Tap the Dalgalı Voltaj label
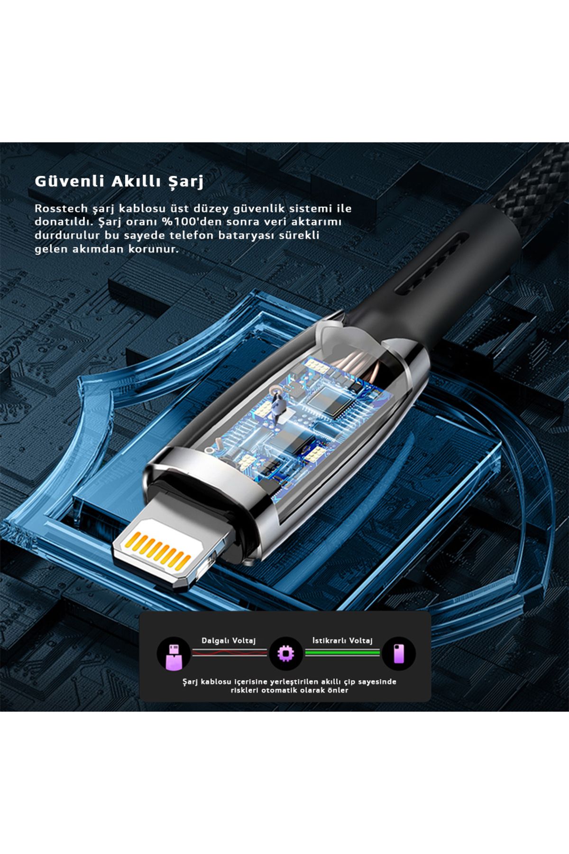[x=229, y=640]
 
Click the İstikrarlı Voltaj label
[x=342, y=640]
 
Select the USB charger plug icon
[x=174, y=654]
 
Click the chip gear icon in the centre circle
[x=285, y=654]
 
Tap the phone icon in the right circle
[x=398, y=654]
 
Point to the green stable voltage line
[x=342, y=653]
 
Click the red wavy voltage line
[x=229, y=653]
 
